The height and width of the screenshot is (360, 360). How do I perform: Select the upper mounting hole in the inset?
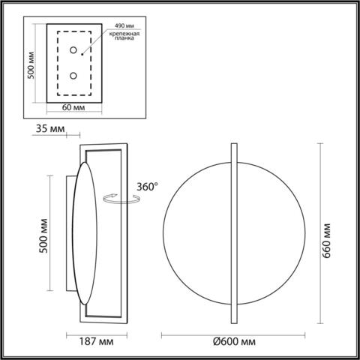click(x=73, y=50)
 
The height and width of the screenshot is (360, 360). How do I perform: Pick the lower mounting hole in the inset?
click(x=73, y=76)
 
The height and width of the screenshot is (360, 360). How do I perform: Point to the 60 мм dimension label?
click(x=73, y=108)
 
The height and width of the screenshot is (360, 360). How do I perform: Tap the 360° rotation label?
click(x=148, y=187)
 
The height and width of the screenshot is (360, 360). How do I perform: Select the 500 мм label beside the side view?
click(x=43, y=234)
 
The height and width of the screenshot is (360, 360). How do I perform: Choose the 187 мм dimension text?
click(x=97, y=343)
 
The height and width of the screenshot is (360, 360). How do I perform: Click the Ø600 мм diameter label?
click(x=232, y=343)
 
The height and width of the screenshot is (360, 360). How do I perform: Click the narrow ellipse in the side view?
click(x=83, y=233)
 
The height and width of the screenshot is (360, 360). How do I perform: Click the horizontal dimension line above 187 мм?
click(x=97, y=333)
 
